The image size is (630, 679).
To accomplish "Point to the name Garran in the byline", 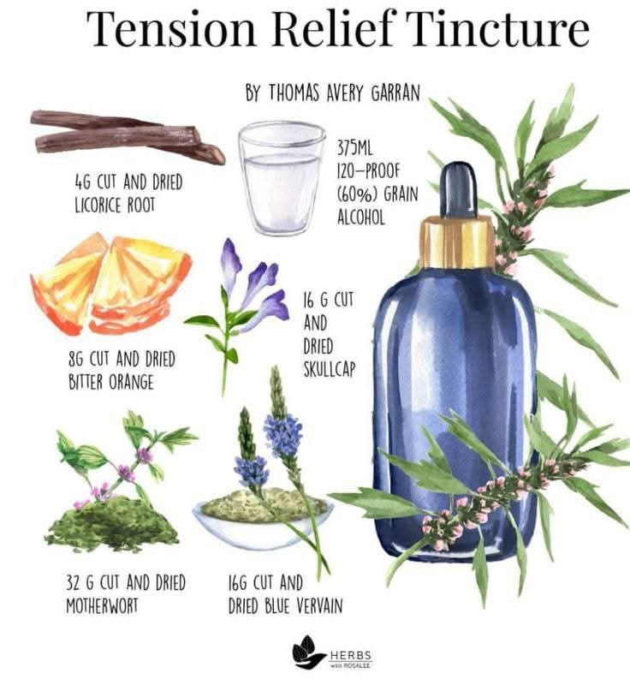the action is (x=395, y=93).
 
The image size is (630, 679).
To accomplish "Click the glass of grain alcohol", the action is (x=282, y=177).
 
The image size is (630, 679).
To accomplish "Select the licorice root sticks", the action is (x=128, y=134).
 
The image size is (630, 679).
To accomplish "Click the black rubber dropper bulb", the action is (x=458, y=190).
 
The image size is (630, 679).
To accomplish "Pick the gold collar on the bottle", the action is (x=457, y=242).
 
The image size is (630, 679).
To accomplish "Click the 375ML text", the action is (x=355, y=148).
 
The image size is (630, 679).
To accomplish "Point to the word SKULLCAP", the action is (x=329, y=369).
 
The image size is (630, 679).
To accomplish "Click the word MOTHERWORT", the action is (x=102, y=605).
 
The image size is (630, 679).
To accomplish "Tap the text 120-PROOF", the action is (x=368, y=171).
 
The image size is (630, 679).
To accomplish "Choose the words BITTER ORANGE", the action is (x=110, y=383).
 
